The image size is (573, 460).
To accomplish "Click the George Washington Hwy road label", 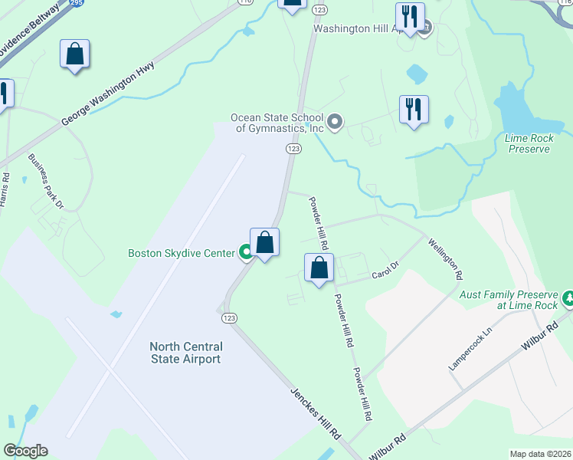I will (107, 94).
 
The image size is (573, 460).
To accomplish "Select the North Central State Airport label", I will (185, 353).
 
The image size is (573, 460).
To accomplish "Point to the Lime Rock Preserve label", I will (529, 143).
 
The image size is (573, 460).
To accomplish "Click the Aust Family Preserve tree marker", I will (568, 296).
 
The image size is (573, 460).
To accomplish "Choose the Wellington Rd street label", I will (445, 258).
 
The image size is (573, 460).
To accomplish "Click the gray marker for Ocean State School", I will (334, 122).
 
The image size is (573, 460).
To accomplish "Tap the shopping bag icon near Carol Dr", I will (319, 268).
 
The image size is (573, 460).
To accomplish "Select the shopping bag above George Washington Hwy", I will (74, 54).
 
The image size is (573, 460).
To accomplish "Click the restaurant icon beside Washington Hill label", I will (410, 16).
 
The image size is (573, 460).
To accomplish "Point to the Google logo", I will (25, 451).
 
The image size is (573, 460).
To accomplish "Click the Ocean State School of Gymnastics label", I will (277, 123).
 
